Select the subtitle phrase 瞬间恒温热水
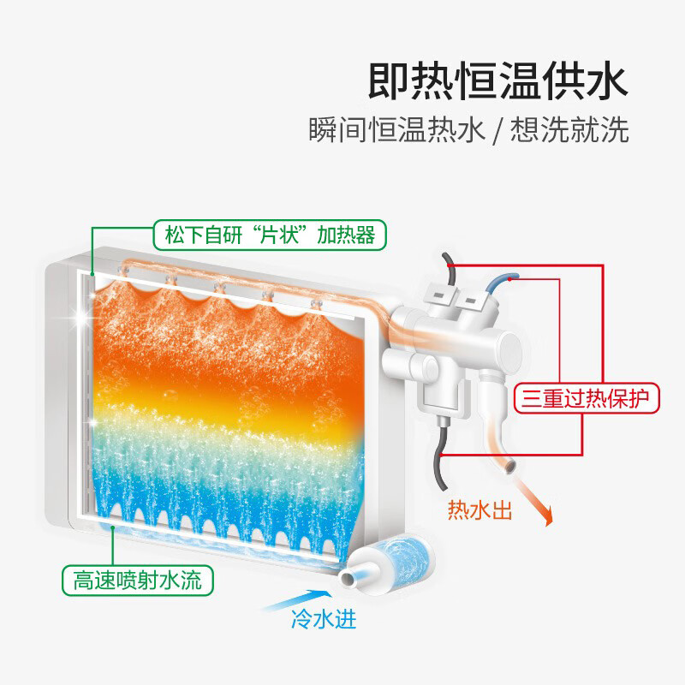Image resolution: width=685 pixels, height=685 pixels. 396,131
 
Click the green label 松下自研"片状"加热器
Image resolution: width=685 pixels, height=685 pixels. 269,235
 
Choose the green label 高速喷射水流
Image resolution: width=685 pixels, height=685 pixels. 137,581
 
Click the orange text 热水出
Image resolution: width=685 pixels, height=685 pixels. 479,511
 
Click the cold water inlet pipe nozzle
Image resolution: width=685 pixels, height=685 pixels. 352,579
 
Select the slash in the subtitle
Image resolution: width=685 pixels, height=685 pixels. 497,131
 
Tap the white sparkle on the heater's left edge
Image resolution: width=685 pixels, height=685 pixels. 83,317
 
